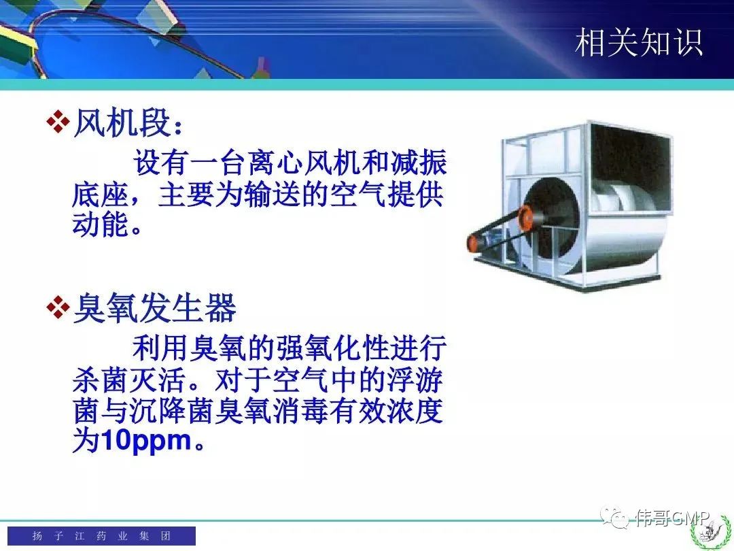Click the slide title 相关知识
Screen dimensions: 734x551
pyautogui.click(x=638, y=42)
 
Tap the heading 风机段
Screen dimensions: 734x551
pyautogui.click(x=122, y=123)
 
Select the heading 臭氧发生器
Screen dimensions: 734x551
pyautogui.click(x=155, y=308)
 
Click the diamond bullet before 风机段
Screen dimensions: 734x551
pyautogui.click(x=58, y=122)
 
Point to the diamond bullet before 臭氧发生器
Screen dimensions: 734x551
pyautogui.click(x=58, y=307)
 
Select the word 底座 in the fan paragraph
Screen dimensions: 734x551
pyautogui.click(x=100, y=195)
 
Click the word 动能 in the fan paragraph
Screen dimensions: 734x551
pyautogui.click(x=100, y=224)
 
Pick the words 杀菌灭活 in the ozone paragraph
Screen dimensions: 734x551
pyautogui.click(x=128, y=380)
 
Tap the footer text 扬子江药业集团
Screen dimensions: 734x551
pyautogui.click(x=101, y=535)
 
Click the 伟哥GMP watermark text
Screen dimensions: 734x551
pyautogui.click(x=673, y=518)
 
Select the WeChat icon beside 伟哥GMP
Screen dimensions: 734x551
pyautogui.click(x=614, y=518)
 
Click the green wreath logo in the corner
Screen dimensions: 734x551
pyautogui.click(x=710, y=530)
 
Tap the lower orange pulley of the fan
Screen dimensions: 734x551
pyautogui.click(x=474, y=243)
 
